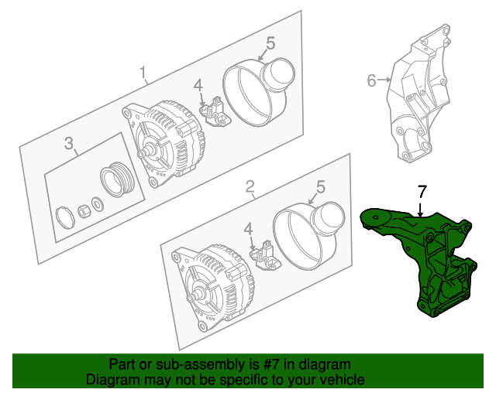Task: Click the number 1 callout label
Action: click(143, 73)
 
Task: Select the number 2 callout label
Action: click(250, 186)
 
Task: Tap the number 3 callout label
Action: click(68, 142)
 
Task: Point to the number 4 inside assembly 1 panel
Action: click(198, 85)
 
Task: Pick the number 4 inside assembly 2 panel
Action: click(248, 229)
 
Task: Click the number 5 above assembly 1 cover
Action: click(270, 43)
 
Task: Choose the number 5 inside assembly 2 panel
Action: click(321, 186)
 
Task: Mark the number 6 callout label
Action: click(371, 80)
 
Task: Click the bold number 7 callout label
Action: click(422, 192)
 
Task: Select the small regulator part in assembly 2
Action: click(267, 254)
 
